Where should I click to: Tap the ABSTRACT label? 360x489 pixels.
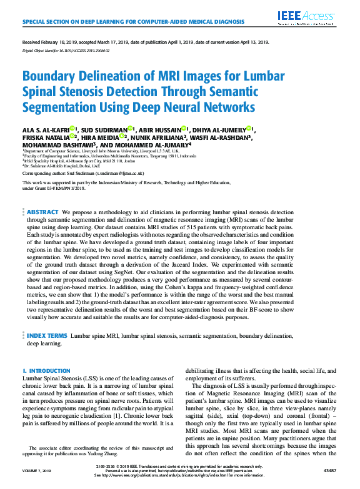(43, 212)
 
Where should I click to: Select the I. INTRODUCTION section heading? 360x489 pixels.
(46, 371)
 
